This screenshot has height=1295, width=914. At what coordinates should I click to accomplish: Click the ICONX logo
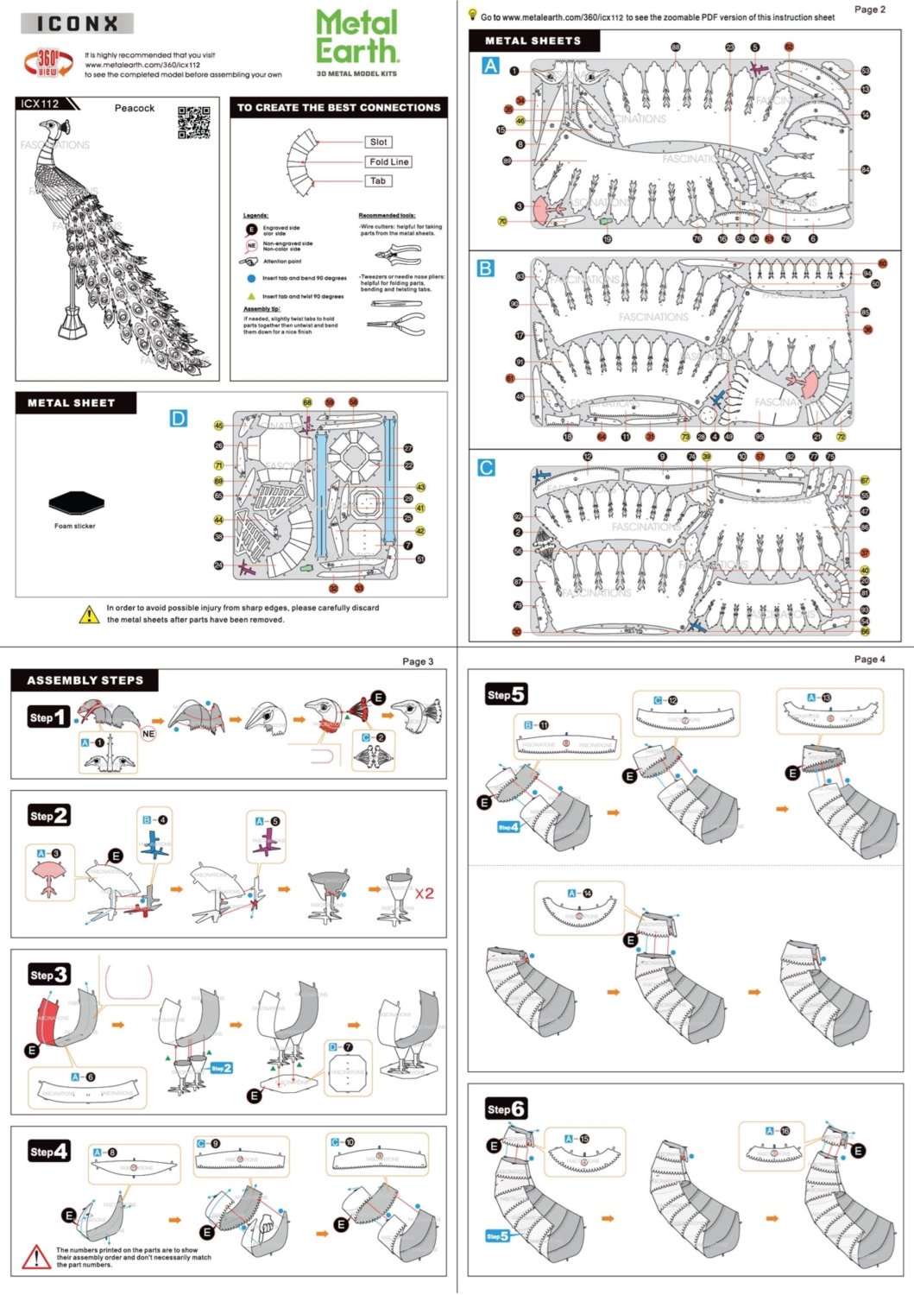pyautogui.click(x=78, y=24)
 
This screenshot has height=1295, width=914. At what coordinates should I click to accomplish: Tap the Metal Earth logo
pyautogui.click(x=357, y=37)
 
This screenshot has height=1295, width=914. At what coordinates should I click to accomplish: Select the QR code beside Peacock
pyautogui.click(x=194, y=123)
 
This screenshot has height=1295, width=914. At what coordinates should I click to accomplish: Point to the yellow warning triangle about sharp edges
pyautogui.click(x=89, y=615)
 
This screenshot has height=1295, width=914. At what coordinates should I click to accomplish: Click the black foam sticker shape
pyautogui.click(x=75, y=502)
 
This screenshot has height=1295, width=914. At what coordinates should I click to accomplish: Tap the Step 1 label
pyautogui.click(x=48, y=717)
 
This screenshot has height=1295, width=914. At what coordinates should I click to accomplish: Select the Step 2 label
pyautogui.click(x=48, y=815)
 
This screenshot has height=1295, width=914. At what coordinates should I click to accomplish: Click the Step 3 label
pyautogui.click(x=48, y=975)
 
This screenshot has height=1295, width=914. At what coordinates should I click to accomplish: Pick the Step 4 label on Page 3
pyautogui.click(x=48, y=1151)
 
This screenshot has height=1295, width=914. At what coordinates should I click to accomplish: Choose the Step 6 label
pyautogui.click(x=506, y=1109)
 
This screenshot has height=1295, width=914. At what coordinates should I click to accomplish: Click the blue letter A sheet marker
pyautogui.click(x=490, y=66)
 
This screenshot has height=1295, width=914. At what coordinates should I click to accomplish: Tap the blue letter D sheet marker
pyautogui.click(x=179, y=419)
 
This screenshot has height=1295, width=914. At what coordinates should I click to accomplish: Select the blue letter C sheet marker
pyautogui.click(x=486, y=468)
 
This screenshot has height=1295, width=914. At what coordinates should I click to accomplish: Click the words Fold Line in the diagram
pyautogui.click(x=389, y=161)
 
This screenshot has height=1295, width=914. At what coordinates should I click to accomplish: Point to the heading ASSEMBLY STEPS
pyautogui.click(x=85, y=680)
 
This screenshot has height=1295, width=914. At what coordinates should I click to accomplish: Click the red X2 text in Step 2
pyautogui.click(x=424, y=894)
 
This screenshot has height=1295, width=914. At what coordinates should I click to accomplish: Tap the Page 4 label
pyautogui.click(x=869, y=659)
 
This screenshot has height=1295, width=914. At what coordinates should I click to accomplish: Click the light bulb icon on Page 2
pyautogui.click(x=473, y=15)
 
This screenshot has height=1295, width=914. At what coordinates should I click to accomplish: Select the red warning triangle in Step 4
pyautogui.click(x=36, y=1257)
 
